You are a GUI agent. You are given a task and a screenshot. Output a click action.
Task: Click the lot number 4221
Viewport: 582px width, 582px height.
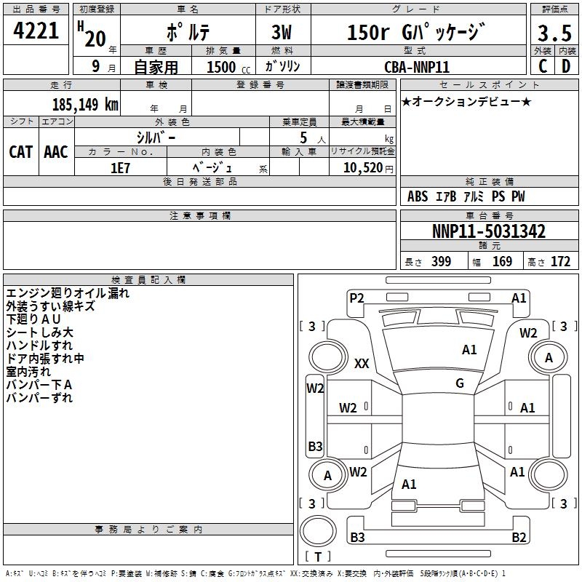(36, 32)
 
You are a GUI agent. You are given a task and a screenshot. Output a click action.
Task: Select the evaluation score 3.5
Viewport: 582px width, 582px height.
(554, 33)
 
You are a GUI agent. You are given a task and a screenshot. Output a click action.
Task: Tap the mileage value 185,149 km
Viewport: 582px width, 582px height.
(85, 104)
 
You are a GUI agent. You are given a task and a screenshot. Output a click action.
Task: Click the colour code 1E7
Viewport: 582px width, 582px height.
(120, 167)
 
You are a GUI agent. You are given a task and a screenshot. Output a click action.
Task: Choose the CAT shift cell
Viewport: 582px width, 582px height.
(21, 151)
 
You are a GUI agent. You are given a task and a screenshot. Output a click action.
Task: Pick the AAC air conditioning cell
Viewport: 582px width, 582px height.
(56, 151)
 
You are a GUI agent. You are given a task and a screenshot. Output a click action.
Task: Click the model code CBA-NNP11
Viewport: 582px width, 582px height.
(417, 66)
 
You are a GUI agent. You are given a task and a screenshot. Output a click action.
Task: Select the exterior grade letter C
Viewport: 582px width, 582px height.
(542, 66)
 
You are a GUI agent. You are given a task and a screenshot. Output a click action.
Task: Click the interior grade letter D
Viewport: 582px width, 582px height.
(566, 66)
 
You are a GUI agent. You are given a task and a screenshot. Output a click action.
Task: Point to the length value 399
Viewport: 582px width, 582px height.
(441, 262)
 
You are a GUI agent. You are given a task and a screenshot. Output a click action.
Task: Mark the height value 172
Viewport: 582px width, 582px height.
(560, 262)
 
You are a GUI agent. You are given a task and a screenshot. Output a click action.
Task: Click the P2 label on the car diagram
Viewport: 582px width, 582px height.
(356, 298)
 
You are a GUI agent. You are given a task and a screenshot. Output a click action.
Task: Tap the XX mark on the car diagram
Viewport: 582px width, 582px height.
(362, 364)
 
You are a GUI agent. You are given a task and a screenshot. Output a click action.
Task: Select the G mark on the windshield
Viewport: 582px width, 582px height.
(460, 383)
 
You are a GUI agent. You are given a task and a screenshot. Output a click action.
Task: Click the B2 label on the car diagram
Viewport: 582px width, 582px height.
(519, 538)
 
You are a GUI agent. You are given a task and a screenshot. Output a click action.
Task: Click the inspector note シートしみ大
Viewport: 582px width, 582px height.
(40, 332)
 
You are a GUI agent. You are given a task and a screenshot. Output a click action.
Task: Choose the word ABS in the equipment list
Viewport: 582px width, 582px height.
(418, 197)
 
